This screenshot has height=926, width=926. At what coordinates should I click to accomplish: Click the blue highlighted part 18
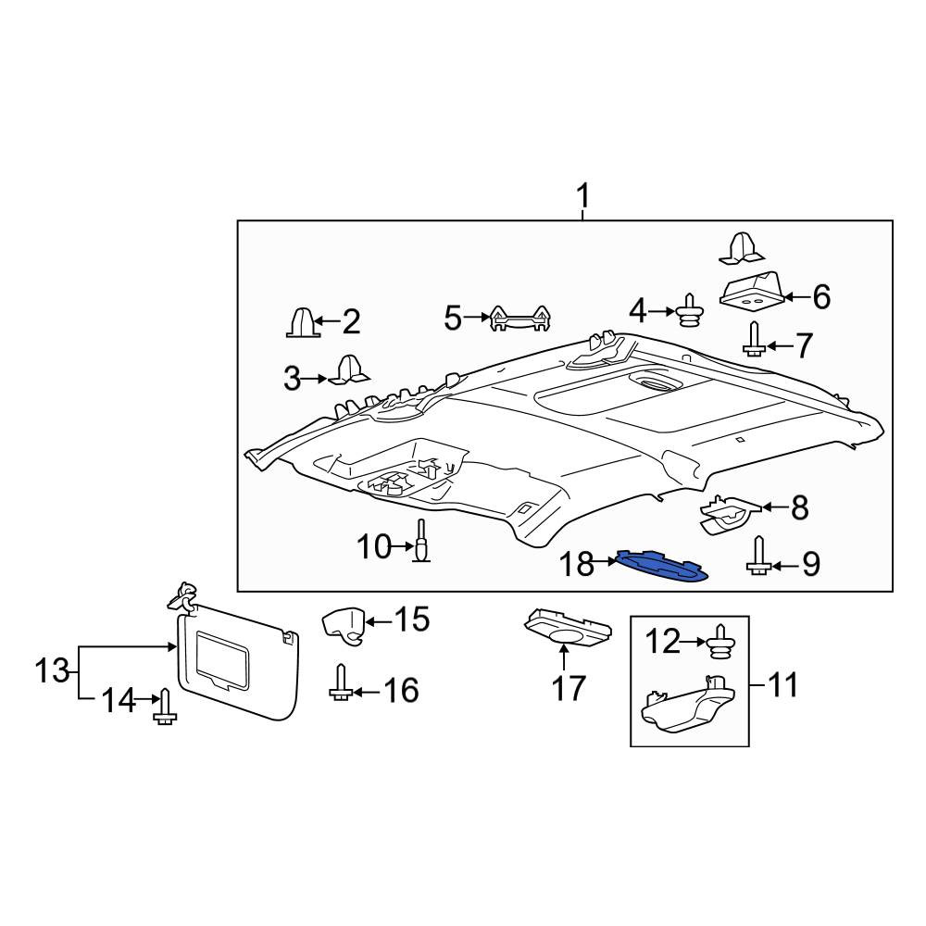point(661,567)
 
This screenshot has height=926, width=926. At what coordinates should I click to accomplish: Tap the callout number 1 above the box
point(582,196)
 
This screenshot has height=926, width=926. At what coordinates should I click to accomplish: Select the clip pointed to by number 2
point(303,322)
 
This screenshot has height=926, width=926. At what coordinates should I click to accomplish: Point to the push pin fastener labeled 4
point(689,310)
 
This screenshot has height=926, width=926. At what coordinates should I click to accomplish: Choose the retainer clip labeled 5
point(520,318)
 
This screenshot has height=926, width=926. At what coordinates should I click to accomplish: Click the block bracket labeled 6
point(751,289)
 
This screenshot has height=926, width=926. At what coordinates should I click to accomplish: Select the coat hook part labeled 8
point(730,513)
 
